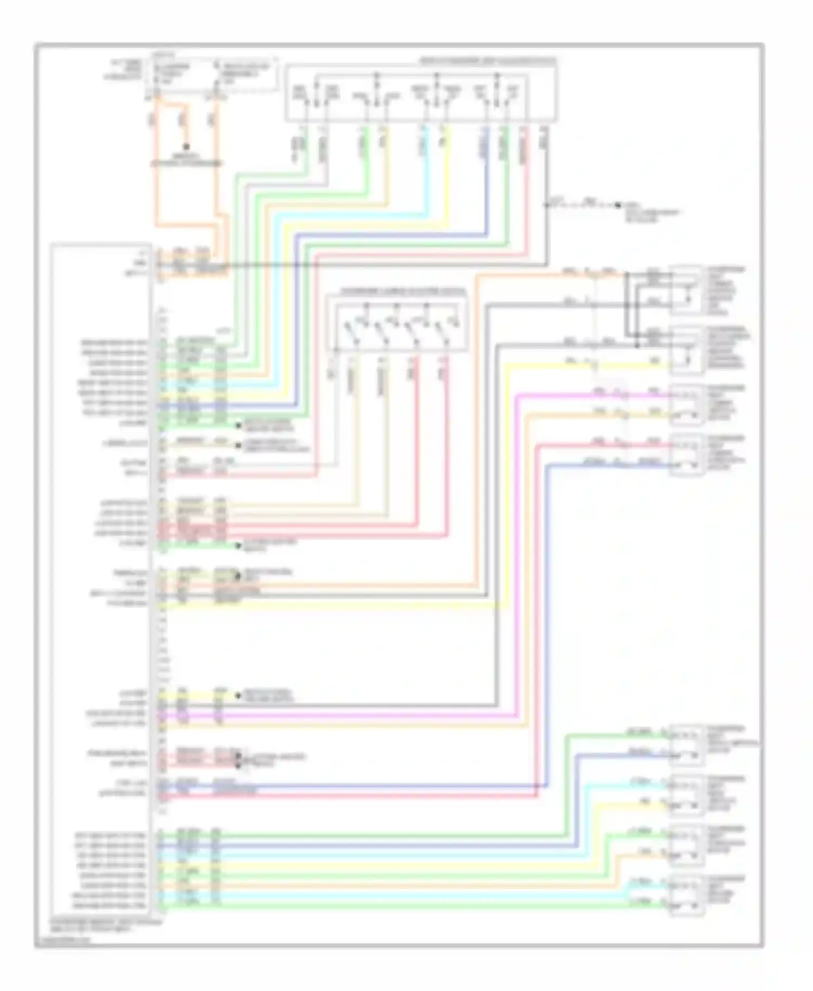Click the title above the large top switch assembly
pyautogui.click(x=488, y=61)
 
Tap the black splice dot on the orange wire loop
pyautogui.click(x=186, y=146)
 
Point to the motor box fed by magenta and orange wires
pyautogui.click(x=687, y=403)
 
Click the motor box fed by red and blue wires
pyautogui.click(x=687, y=454)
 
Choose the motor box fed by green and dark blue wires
pyautogui.click(x=687, y=745)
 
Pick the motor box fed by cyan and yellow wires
pyautogui.click(x=687, y=795)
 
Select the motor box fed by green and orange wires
pyautogui.click(x=687, y=845)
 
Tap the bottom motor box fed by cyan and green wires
pyautogui.click(x=687, y=895)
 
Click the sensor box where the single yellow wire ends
pyautogui.click(x=687, y=351)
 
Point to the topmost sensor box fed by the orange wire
pyautogui.click(x=687, y=290)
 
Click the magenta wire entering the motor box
pyautogui.click(x=596, y=394)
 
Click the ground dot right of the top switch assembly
pyautogui.click(x=618, y=205)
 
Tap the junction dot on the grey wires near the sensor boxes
pyautogui.click(x=627, y=305)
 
